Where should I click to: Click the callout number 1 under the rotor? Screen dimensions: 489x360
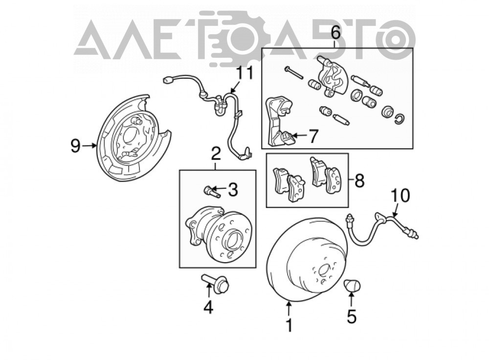(x=289, y=325)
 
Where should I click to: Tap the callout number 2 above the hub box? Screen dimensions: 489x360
(x=216, y=154)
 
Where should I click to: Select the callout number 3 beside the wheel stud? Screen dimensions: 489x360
(x=233, y=189)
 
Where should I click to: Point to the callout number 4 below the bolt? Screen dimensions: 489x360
(x=208, y=307)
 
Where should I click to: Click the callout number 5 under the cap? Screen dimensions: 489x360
(x=352, y=316)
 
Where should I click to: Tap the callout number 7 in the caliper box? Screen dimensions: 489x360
(x=313, y=136)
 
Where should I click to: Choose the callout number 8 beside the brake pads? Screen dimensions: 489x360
(x=359, y=180)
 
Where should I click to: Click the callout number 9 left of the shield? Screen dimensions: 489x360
(x=75, y=146)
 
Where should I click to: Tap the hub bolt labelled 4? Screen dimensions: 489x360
(x=216, y=283)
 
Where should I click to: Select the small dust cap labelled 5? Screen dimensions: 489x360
(x=352, y=286)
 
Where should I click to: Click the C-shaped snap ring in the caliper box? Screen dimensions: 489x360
(x=400, y=118)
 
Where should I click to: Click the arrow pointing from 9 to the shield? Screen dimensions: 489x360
(x=89, y=145)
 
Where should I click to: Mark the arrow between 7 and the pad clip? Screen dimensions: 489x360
(x=299, y=135)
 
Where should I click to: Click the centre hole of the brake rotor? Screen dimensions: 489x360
(x=323, y=270)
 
